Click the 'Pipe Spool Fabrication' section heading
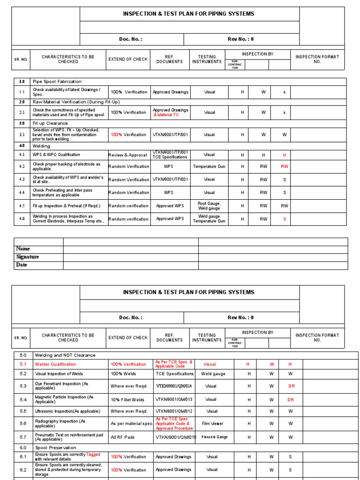57,82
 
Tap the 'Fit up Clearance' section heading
50,123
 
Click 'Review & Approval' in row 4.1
127,155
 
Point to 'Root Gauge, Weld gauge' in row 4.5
209,205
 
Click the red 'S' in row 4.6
284,219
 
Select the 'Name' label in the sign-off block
23,249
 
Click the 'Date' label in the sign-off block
22,265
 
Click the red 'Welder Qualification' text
55,364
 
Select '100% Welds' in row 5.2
124,374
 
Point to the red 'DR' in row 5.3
291,386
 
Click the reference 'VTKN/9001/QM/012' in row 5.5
174,411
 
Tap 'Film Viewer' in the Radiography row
213,423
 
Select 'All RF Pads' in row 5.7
123,437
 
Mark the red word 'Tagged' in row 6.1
93,454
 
